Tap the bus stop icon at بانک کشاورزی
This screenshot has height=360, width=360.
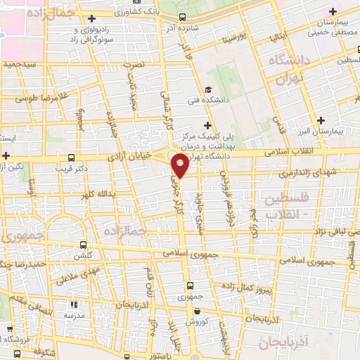pos(183,17)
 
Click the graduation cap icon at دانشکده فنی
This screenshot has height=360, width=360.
pos(207,89)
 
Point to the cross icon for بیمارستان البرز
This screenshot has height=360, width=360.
pos(321,120)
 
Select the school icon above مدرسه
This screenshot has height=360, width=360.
pos(74,305)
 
